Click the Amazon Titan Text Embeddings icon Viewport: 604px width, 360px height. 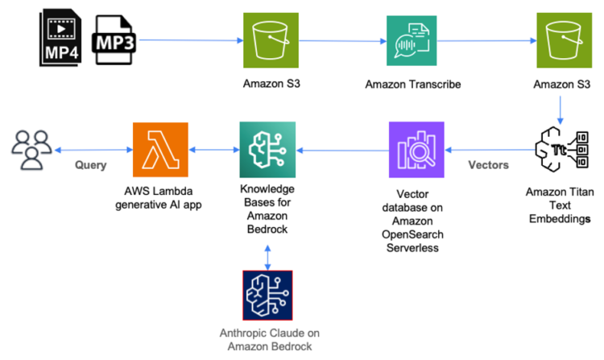pos(561,150)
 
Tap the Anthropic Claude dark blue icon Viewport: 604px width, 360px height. pos(267,296)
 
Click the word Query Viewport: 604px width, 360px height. pos(92,164)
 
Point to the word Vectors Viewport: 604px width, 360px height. pos(489,164)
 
